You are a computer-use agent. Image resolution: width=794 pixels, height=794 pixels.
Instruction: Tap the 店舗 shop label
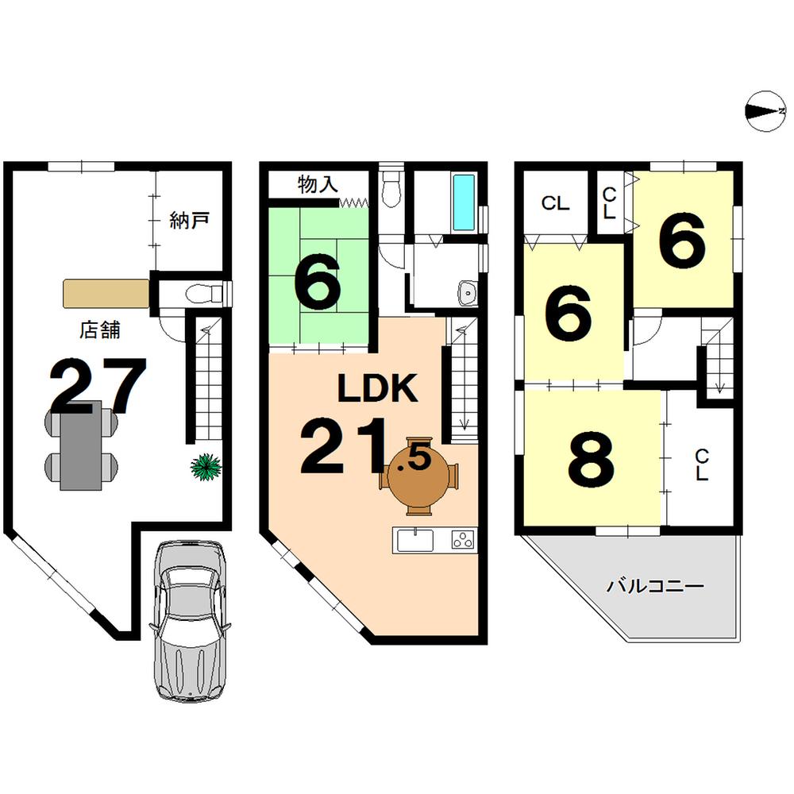pyautogui.click(x=100, y=330)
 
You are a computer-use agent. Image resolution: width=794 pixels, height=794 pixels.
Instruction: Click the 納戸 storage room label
pyautogui.click(x=189, y=220)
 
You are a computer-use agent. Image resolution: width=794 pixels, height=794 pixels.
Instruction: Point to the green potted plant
pyautogui.click(x=206, y=466)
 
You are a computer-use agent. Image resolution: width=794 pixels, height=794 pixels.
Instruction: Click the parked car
pyautogui.click(x=187, y=621)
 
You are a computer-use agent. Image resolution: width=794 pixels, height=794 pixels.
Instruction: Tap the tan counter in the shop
pyautogui.click(x=106, y=293)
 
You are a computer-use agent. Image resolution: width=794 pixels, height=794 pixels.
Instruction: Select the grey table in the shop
pyautogui.click(x=83, y=445)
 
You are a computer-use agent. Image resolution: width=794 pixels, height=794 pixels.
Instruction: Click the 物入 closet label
pyautogui.click(x=318, y=185)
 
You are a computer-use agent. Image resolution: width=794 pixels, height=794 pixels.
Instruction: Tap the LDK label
pyautogui.click(x=377, y=389)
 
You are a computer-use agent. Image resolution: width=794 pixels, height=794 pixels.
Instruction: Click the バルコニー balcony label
pyautogui.click(x=655, y=588)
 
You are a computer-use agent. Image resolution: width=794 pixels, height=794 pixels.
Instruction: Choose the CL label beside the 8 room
pyautogui.click(x=702, y=465)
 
